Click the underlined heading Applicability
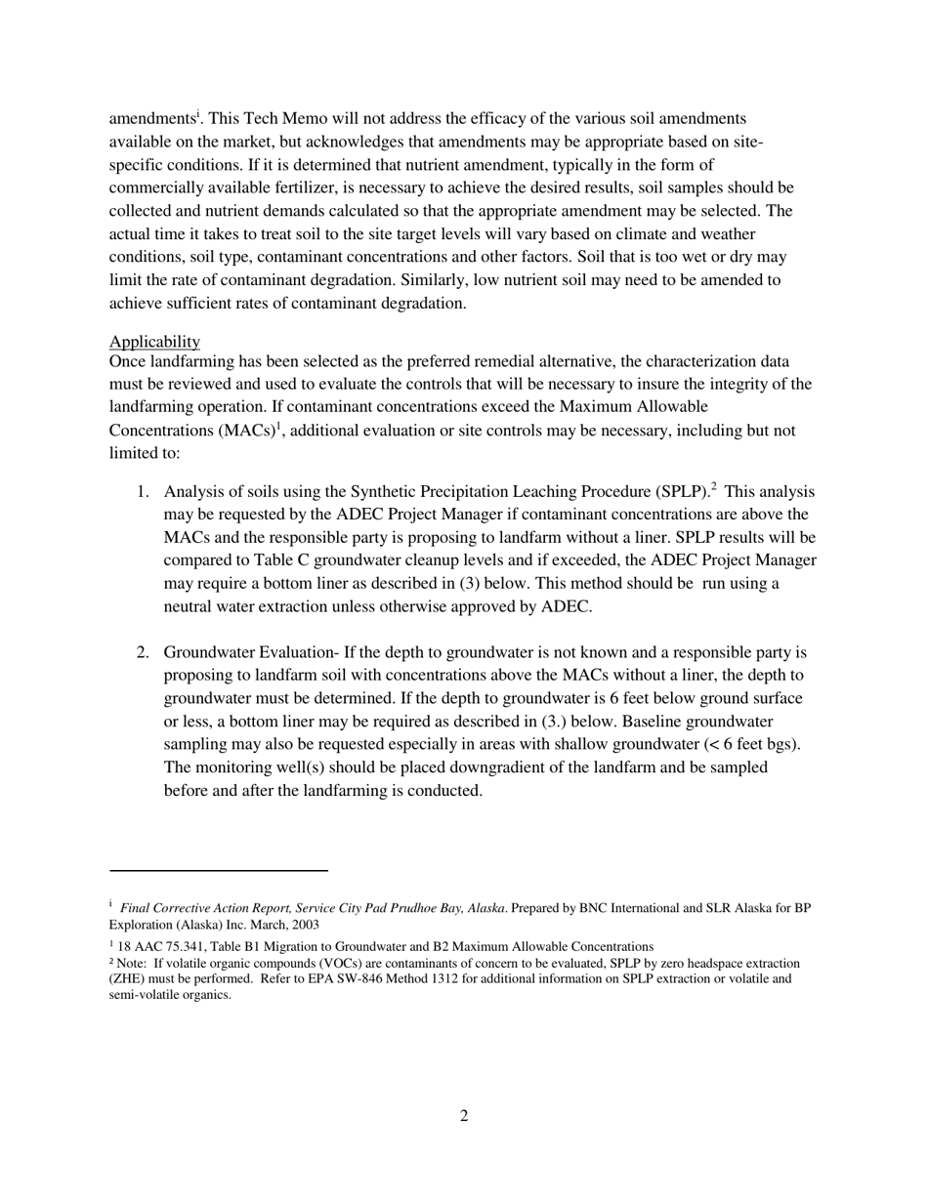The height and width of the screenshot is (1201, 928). [x=154, y=342]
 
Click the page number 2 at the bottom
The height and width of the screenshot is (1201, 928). [x=464, y=1116]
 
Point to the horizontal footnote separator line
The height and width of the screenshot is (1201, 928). [x=219, y=870]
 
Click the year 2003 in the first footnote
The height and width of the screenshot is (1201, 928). [x=304, y=924]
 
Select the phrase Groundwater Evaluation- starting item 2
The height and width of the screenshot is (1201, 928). [x=251, y=652]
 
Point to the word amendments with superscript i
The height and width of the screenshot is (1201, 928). [x=151, y=119]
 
